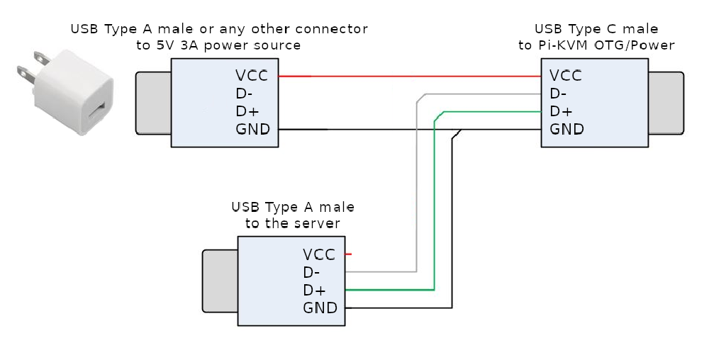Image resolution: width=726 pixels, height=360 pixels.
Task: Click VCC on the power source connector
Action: coord(252,75)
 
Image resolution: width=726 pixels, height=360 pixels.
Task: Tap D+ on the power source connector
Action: coord(245,111)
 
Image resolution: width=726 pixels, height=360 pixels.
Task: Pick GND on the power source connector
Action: coord(252,129)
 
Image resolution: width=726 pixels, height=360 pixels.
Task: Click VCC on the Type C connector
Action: coord(566,75)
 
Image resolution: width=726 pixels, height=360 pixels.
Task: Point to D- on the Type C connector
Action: coord(558,93)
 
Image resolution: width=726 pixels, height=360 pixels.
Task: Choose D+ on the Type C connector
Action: coord(559,111)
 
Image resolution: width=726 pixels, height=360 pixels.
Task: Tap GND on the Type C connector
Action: coord(566,129)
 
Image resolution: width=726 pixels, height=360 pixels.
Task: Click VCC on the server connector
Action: coord(319,254)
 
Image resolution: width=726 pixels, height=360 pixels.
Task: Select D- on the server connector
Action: coord(311,271)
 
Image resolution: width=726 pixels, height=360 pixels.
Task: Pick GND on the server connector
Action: coord(320,308)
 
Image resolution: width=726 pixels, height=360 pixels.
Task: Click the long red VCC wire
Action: coord(411,76)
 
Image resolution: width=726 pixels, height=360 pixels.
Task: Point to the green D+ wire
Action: coord(433,213)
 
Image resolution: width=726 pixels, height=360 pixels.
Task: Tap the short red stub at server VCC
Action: coord(349,254)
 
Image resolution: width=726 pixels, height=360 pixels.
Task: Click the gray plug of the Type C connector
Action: coord(666,103)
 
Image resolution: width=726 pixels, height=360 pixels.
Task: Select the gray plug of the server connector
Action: coord(220,281)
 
